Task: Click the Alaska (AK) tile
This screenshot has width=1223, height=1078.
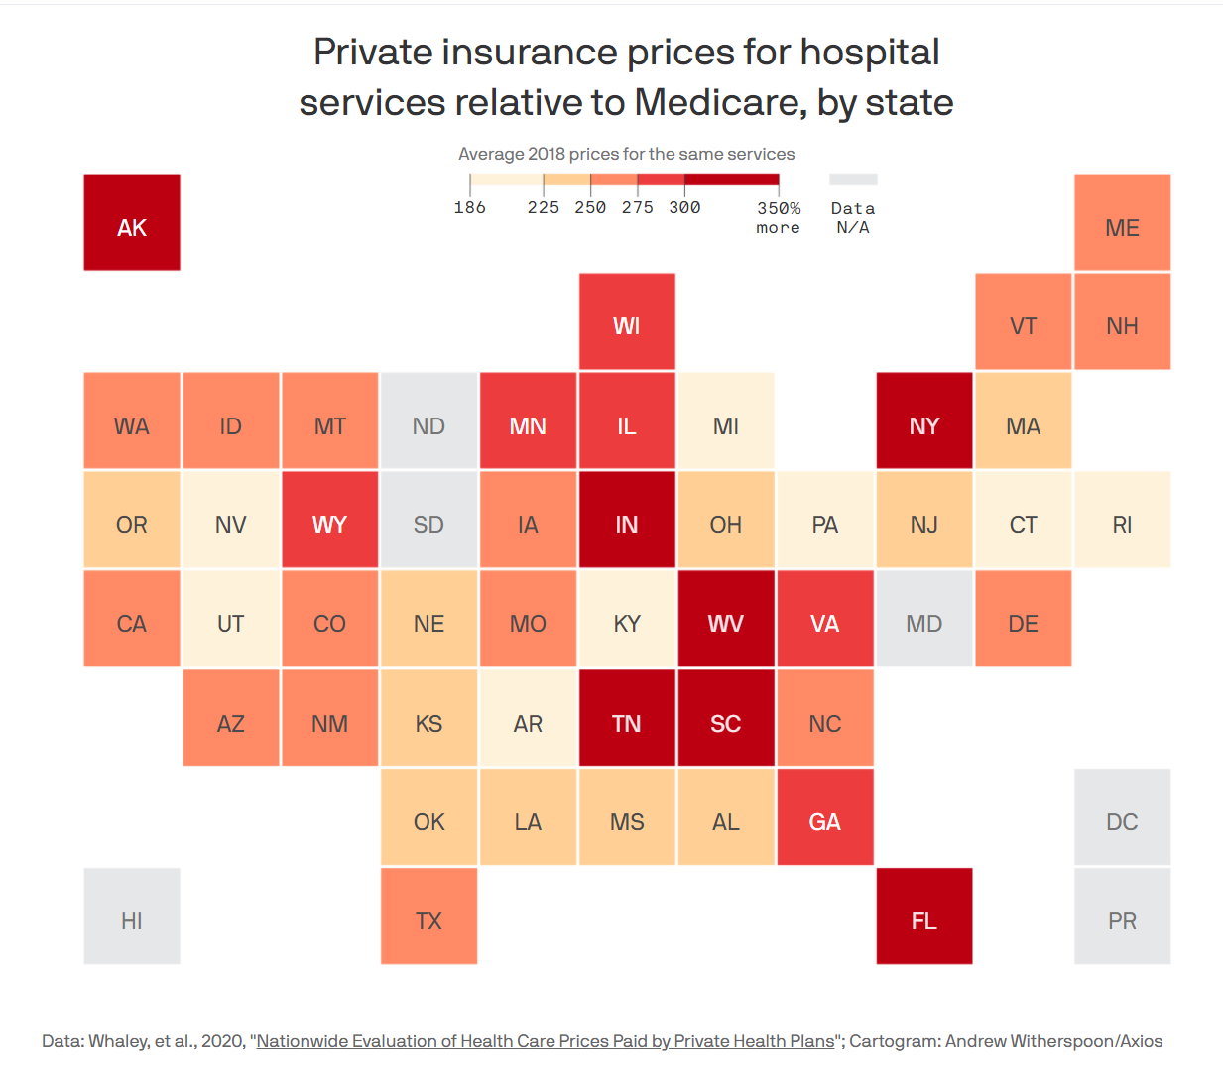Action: click(x=132, y=222)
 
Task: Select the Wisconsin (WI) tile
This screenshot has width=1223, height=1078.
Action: click(x=627, y=321)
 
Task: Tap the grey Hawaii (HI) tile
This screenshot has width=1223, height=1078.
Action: click(x=132, y=916)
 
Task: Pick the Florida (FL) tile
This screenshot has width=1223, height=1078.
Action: click(x=924, y=916)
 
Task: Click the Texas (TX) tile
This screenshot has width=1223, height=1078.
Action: click(x=428, y=916)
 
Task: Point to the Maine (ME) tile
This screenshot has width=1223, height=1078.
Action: click(x=1122, y=222)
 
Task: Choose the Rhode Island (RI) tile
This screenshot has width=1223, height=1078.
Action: click(x=1122, y=520)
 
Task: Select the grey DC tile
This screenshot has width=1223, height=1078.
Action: click(x=1122, y=817)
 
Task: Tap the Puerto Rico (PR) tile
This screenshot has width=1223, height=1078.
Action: click(x=1122, y=916)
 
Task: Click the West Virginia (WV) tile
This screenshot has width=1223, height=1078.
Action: click(x=726, y=619)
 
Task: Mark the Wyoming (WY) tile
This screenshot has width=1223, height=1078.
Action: click(x=329, y=520)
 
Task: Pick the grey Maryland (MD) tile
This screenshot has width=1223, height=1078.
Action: click(x=924, y=619)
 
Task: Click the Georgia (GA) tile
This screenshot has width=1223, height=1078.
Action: click(x=825, y=817)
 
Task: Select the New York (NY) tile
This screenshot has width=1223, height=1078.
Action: click(x=924, y=420)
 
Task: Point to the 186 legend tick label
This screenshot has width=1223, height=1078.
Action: click(x=470, y=207)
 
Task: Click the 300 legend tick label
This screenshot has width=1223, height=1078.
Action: click(x=684, y=207)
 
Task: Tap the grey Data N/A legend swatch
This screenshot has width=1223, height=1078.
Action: click(x=853, y=180)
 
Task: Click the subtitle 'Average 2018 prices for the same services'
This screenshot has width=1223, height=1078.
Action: click(x=626, y=154)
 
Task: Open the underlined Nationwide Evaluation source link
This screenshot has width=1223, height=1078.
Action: click(x=546, y=1041)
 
